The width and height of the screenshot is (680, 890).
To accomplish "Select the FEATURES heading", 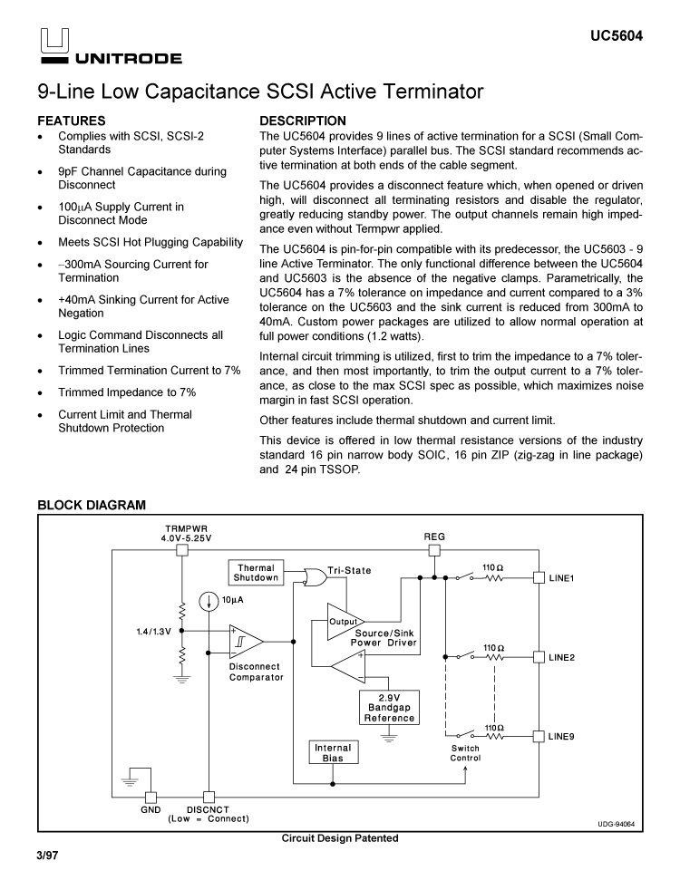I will point(72,121).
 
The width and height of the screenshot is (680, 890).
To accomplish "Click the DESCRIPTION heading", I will point(303,121).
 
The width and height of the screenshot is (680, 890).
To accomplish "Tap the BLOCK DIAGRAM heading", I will point(91,504).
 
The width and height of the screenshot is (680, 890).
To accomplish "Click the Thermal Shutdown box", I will point(256,573).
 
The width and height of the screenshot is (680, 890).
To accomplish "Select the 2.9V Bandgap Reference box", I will point(389,708).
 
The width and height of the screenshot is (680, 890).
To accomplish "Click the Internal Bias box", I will point(333,753).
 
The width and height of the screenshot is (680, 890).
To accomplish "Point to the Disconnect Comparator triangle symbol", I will point(245,642).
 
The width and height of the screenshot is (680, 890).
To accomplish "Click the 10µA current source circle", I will point(209,600).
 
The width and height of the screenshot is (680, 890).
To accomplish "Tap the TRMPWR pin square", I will point(181,549).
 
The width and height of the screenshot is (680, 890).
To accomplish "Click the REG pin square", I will point(434,549).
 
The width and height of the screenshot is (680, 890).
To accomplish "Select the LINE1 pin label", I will point(561,577).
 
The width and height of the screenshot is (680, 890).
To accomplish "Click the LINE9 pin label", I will point(561,736).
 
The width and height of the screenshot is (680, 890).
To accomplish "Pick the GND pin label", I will point(151,809).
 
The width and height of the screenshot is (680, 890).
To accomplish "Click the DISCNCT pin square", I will point(209,798).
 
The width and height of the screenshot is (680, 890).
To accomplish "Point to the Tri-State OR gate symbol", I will point(316,577).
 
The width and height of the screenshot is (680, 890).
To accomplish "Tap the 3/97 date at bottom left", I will point(47,856).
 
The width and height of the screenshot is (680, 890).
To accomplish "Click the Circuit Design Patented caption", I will point(340,838).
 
